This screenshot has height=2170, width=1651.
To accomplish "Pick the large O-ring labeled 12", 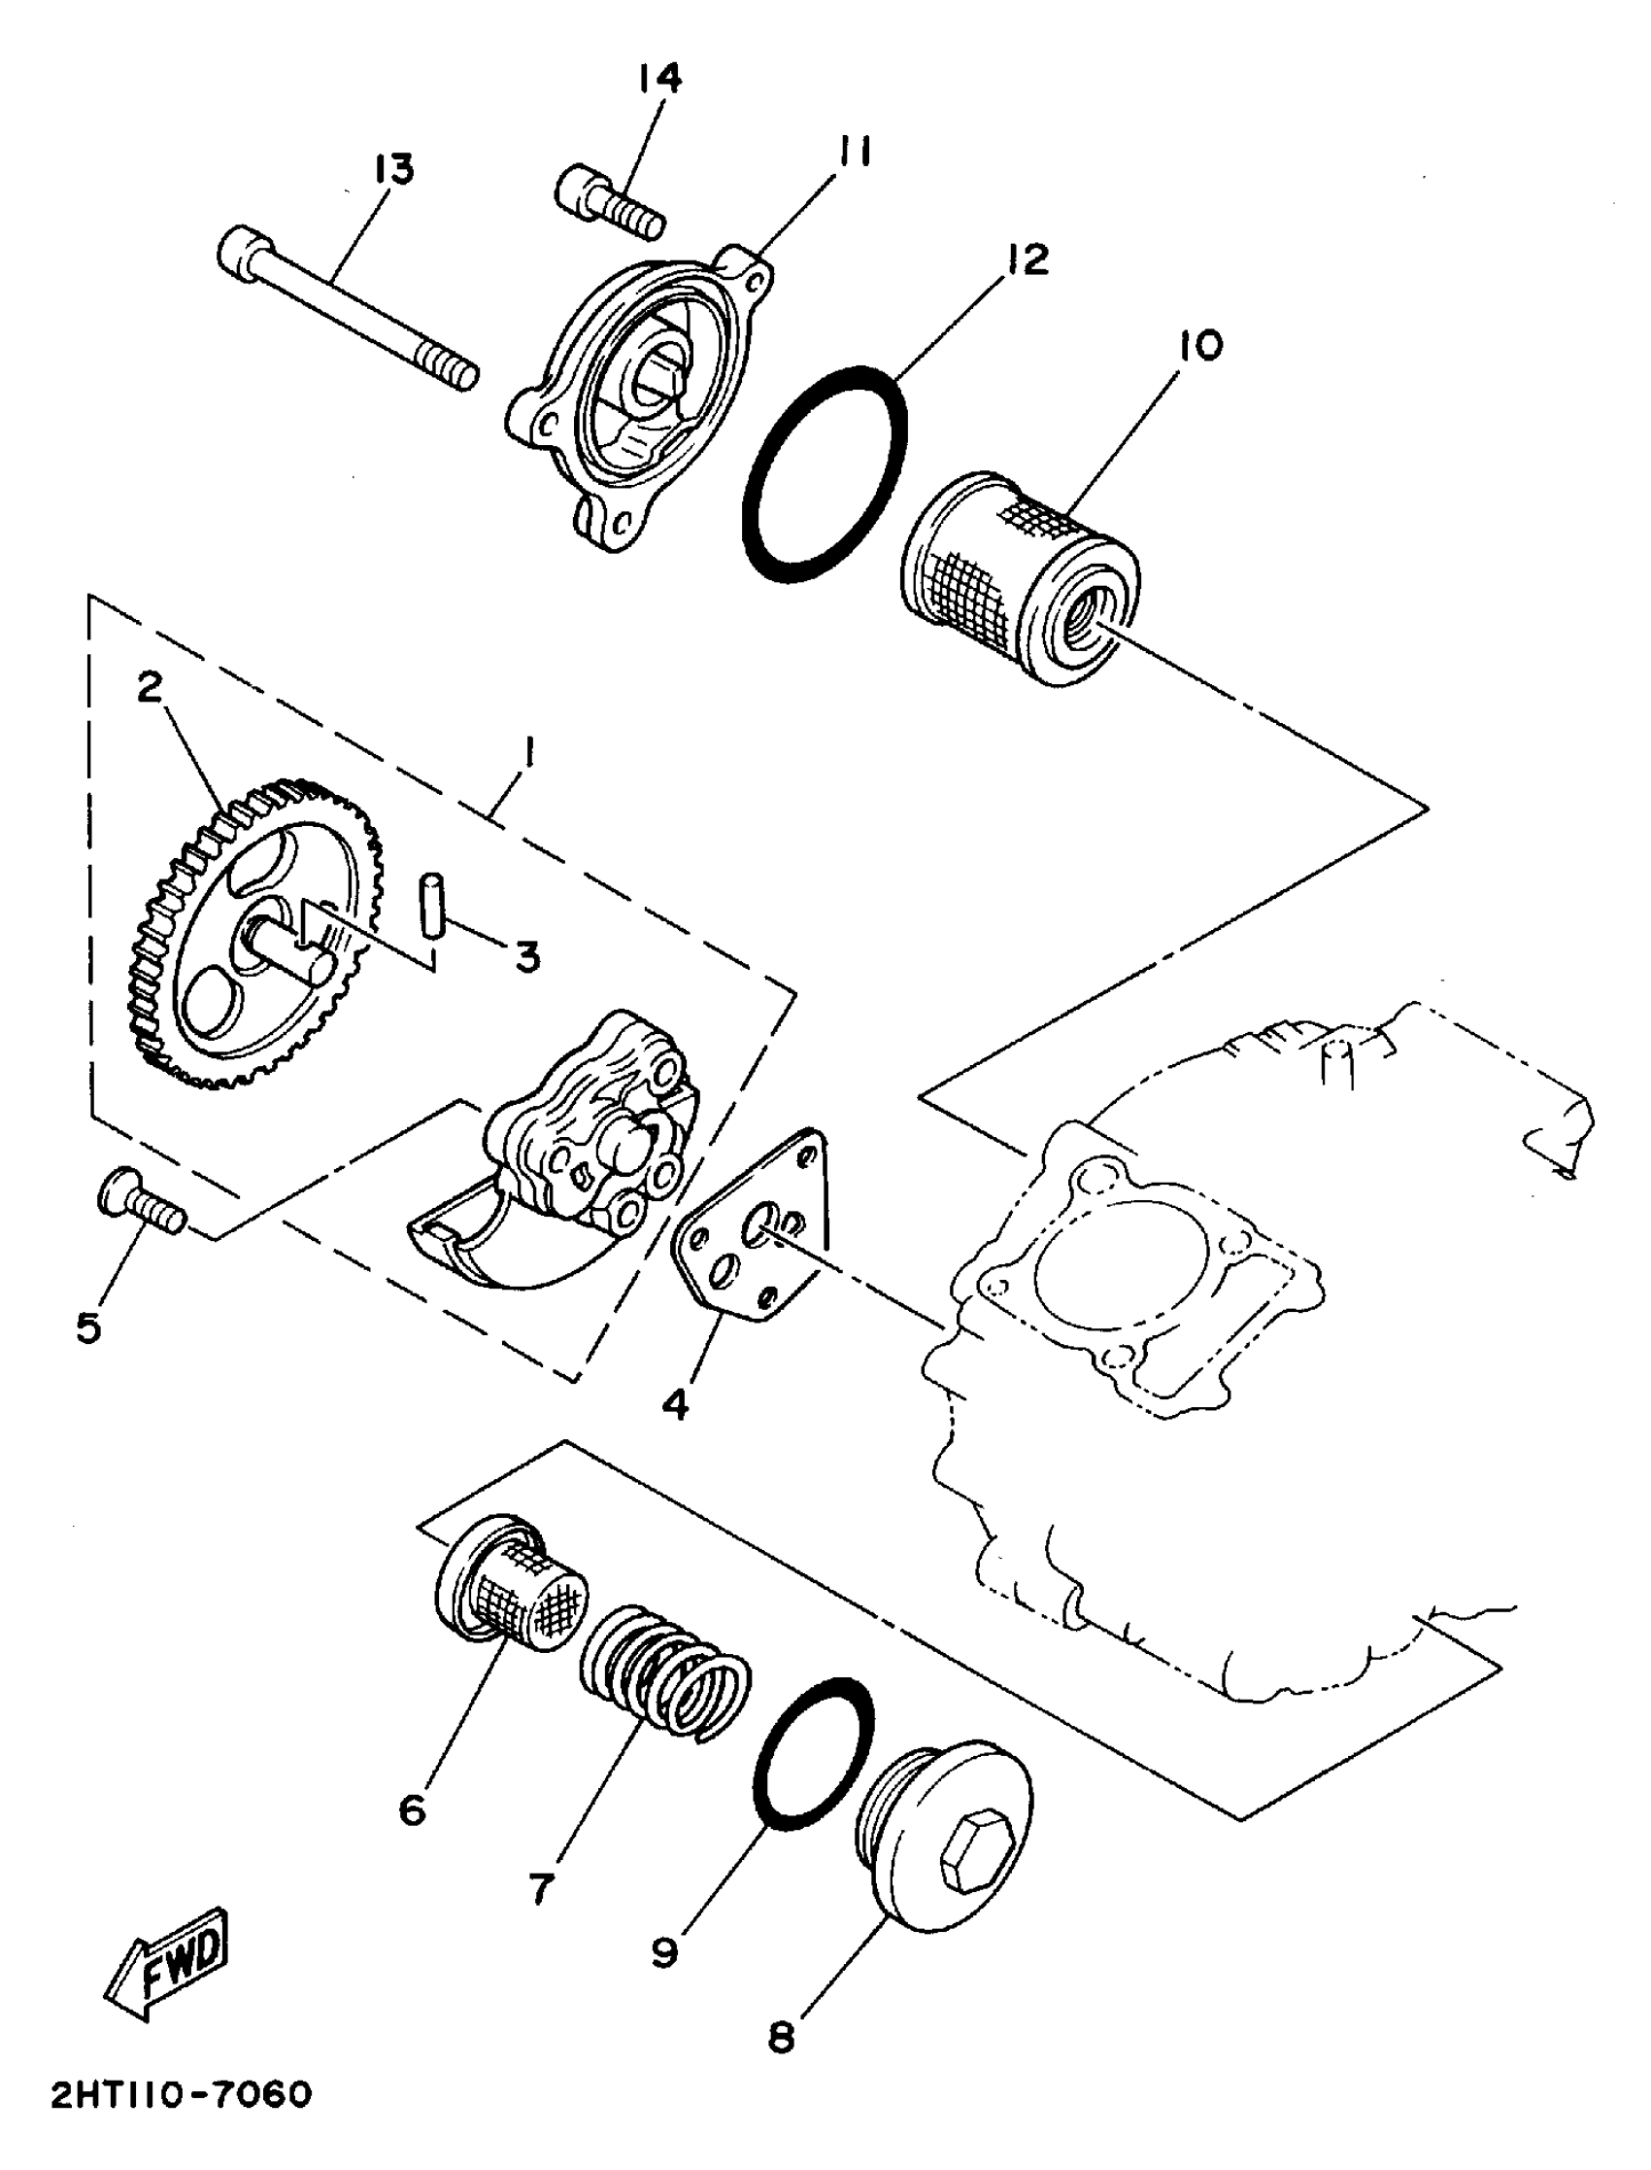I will click(824, 475).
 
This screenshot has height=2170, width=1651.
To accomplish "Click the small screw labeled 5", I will click(143, 1198).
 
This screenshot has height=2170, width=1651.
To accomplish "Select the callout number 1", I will click(527, 755).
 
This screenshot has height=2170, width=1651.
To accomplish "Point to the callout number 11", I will click(856, 153).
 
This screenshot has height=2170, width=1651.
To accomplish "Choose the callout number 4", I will click(676, 1407).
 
